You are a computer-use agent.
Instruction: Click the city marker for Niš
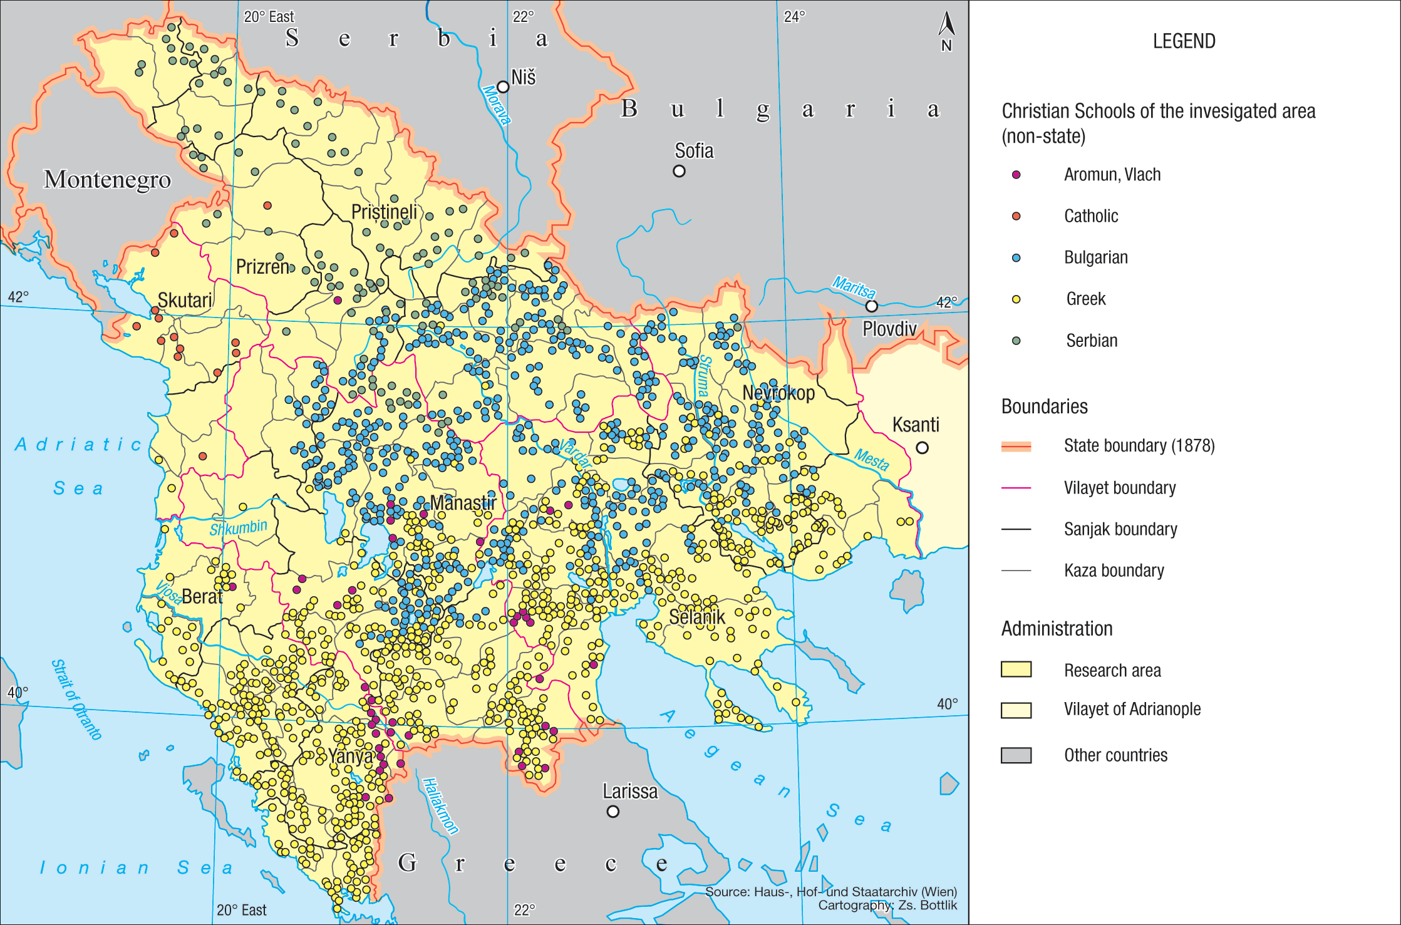tap(503, 86)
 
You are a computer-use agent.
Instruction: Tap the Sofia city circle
tap(679, 171)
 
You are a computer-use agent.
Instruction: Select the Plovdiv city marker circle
tap(871, 306)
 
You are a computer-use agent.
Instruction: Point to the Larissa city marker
tap(613, 812)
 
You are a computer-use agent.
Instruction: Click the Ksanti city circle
tap(922, 448)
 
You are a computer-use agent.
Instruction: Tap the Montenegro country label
tap(107, 180)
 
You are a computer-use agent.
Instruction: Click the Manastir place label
tap(463, 503)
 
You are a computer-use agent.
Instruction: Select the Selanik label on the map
tap(696, 618)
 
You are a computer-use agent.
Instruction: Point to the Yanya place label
tap(351, 757)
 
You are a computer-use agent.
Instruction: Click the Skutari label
tap(185, 301)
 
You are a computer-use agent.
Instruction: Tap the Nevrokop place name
tap(778, 393)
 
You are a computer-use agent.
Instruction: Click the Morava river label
tap(496, 105)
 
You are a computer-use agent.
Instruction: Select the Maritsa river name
tap(854, 287)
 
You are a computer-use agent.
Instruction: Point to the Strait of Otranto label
tap(76, 700)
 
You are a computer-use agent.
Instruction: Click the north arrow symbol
tap(946, 26)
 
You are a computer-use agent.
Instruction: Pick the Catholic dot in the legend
tap(1016, 216)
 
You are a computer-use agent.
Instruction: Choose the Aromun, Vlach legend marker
tap(1016, 175)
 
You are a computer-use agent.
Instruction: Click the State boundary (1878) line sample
tap(1016, 447)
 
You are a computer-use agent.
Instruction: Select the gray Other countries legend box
tap(1016, 755)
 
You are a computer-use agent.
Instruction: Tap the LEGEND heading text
tap(1184, 41)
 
